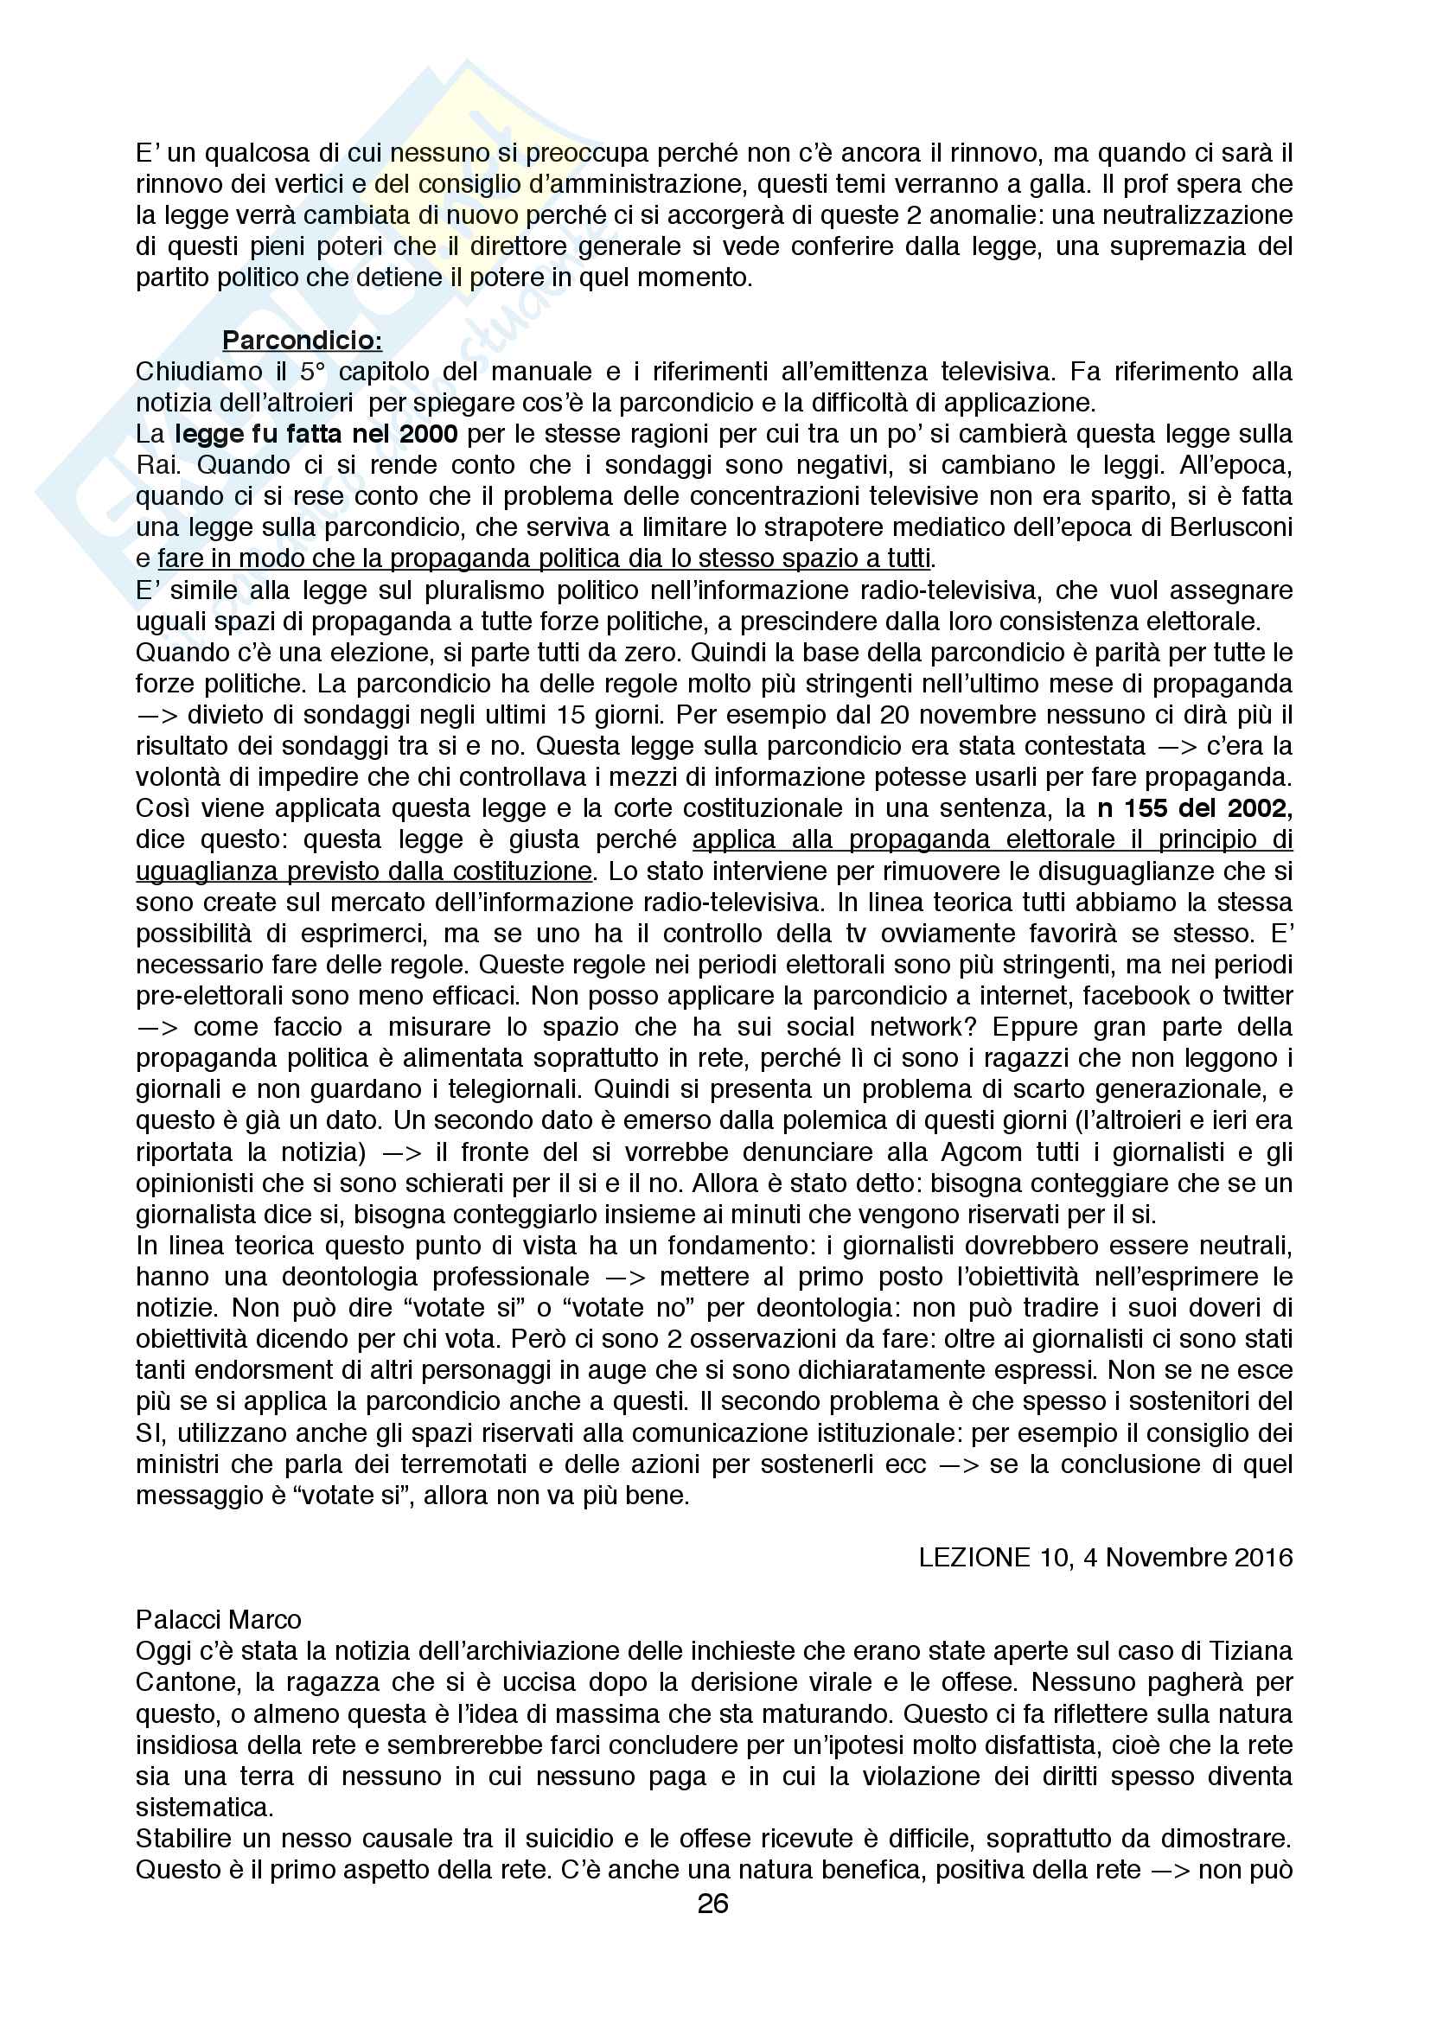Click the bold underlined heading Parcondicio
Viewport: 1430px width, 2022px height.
[x=301, y=340]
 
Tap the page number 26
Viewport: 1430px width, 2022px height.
[x=713, y=1904]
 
